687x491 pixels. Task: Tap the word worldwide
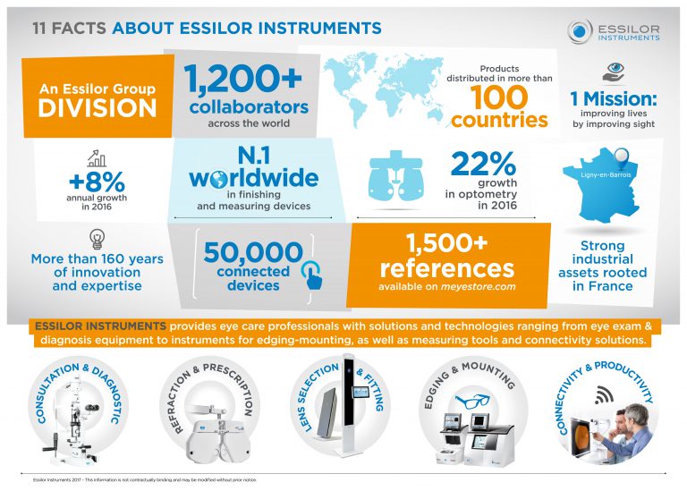pyautogui.click(x=253, y=178)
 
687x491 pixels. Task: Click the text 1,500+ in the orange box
pyautogui.click(x=446, y=244)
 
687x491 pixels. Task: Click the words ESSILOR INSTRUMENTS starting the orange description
pyautogui.click(x=98, y=327)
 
